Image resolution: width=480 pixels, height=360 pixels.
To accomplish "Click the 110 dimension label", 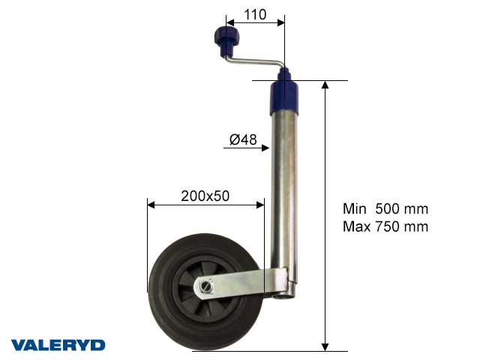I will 255,13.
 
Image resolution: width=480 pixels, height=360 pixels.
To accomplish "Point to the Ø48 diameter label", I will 243,139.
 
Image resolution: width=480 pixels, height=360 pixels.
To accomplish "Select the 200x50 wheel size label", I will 205,196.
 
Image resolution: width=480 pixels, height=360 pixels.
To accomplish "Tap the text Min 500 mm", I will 385,209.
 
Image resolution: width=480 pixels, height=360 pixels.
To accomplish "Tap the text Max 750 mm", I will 385,226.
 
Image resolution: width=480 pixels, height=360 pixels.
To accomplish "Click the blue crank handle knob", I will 223,37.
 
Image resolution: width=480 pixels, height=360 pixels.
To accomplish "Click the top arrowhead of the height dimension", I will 325,84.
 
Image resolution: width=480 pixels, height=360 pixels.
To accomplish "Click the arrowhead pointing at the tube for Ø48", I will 265,148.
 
